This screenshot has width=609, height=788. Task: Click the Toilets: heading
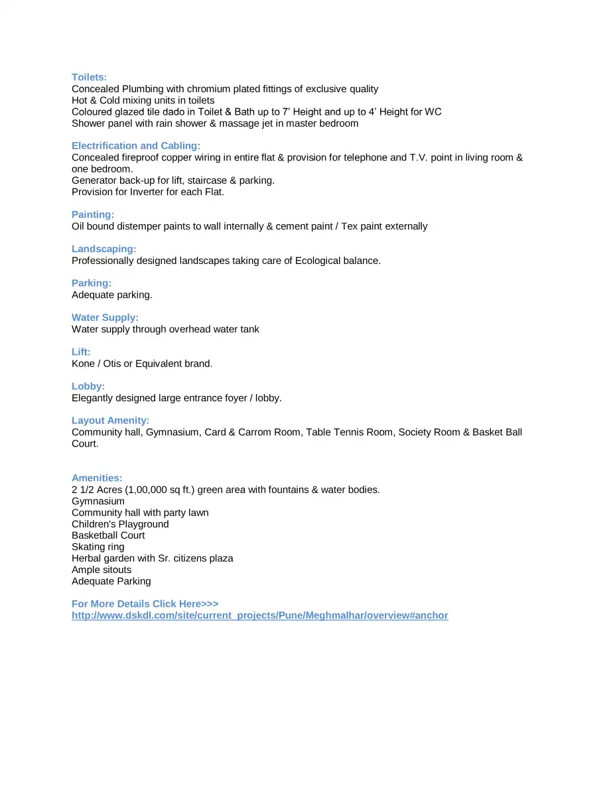pos(89,77)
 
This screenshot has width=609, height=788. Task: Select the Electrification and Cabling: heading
pos(136,145)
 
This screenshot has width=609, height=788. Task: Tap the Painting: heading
pos(93,214)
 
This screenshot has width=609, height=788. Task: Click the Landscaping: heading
pos(104,249)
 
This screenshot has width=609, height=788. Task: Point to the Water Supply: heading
pos(105,318)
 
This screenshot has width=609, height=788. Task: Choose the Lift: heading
pos(81,352)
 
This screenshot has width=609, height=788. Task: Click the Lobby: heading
pos(88,386)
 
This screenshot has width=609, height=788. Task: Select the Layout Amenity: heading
pos(110,421)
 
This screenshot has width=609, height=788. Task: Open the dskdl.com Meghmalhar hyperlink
pos(260,616)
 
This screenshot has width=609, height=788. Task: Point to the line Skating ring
pos(98,547)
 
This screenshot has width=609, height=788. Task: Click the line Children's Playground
pos(120,524)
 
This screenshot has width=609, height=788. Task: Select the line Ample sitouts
pos(101,570)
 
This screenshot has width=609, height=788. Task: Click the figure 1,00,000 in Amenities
pos(147,490)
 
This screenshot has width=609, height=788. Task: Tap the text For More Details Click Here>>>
pos(145,604)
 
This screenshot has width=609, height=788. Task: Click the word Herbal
pos(87,558)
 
